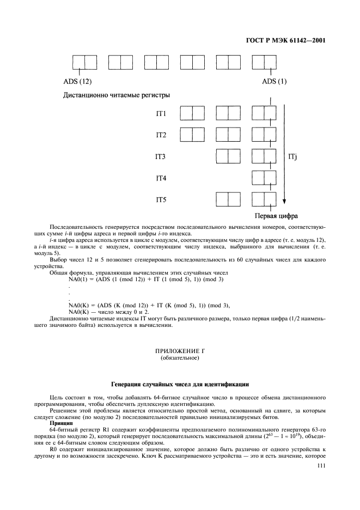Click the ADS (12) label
(78, 82)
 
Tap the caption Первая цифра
(275, 215)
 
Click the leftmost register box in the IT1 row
(193, 113)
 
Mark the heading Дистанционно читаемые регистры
(116, 95)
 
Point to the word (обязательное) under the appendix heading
(180, 360)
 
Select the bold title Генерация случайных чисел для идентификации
(180, 384)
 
